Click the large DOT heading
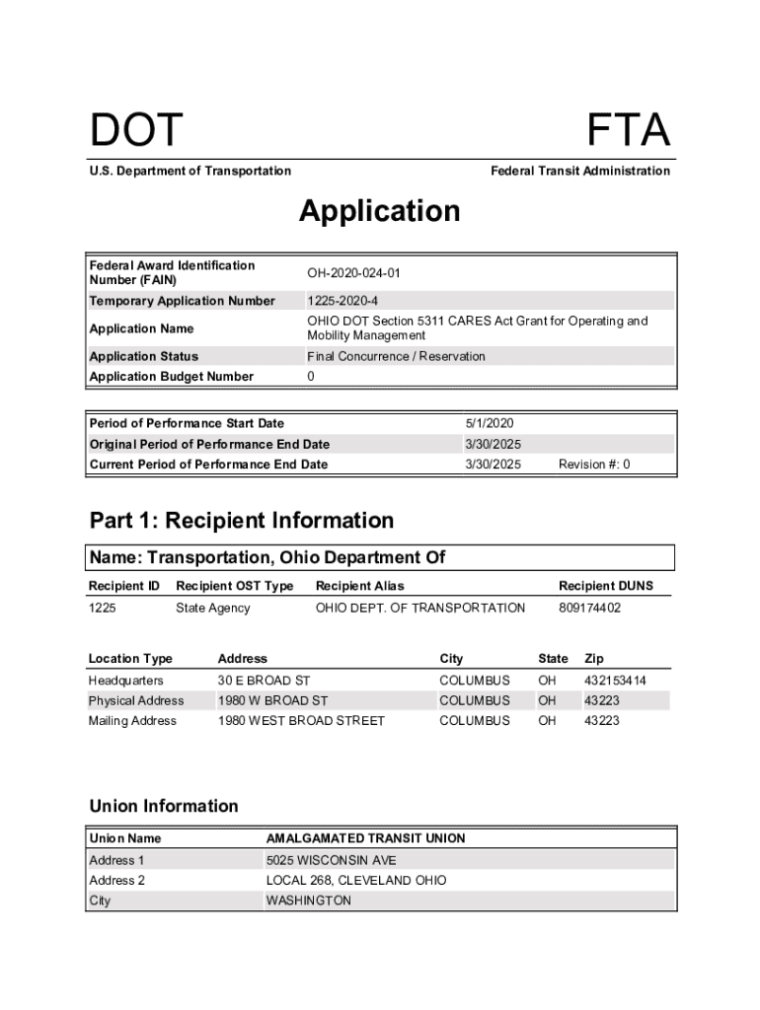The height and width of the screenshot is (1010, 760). [x=136, y=131]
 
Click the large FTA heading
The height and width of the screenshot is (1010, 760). [x=628, y=131]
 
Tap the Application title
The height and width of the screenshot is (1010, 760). [x=380, y=211]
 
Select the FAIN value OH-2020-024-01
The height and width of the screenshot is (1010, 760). [x=353, y=272]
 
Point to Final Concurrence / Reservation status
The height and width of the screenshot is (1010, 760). [x=396, y=356]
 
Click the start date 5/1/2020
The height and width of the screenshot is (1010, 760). [x=490, y=423]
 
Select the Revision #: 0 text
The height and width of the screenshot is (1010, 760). [x=594, y=464]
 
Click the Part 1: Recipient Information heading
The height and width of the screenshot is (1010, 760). [x=242, y=520]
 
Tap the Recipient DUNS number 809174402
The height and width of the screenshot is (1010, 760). [x=590, y=608]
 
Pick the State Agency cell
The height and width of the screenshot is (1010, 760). [x=213, y=608]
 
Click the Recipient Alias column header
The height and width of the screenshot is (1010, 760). [x=359, y=586]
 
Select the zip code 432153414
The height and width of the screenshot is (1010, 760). [x=615, y=681]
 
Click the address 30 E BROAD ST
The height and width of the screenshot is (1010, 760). [x=264, y=681]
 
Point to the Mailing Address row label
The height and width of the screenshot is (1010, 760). [x=132, y=721]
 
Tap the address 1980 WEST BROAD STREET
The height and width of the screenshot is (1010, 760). [x=301, y=721]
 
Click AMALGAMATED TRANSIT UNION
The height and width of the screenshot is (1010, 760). [x=365, y=838]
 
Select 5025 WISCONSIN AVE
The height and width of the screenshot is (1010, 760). [x=331, y=860]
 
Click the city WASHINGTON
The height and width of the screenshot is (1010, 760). [x=308, y=901]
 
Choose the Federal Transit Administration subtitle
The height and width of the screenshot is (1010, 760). [x=580, y=171]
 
